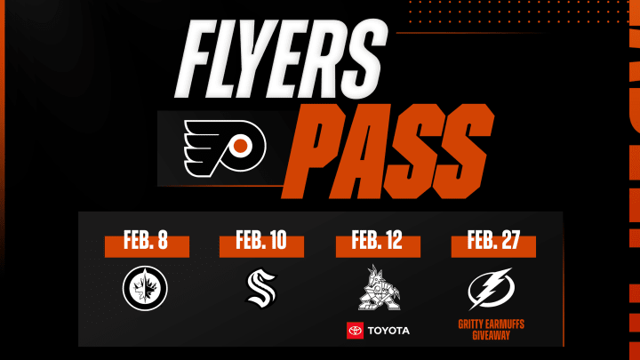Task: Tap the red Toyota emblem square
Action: (x=354, y=332)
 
